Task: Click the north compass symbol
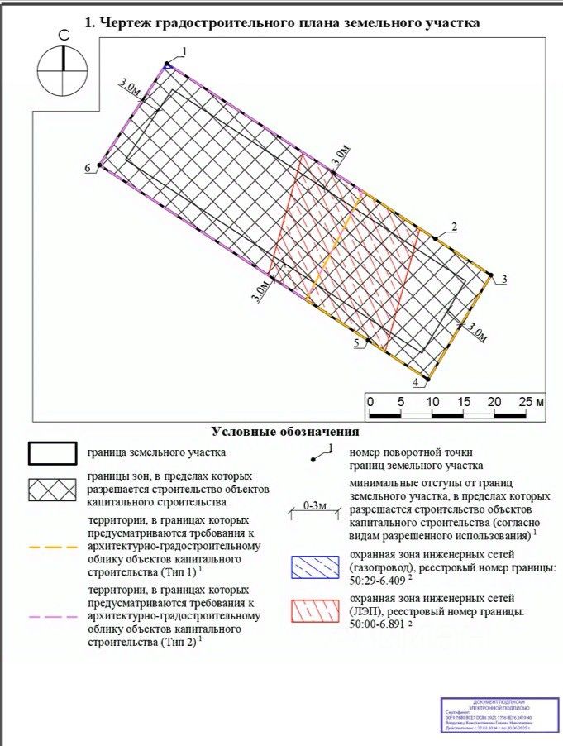62,69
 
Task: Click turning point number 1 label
184,52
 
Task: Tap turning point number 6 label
87,169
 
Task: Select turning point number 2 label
454,227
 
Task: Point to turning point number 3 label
503,278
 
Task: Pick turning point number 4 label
416,383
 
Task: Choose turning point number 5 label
356,343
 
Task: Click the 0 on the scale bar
370,401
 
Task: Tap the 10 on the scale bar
432,401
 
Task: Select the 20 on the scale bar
494,401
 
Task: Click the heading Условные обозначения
284,432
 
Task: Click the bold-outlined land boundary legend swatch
55,454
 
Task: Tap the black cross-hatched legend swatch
55,490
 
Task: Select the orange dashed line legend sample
55,547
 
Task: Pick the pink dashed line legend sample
55,616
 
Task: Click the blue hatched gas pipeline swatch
313,567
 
